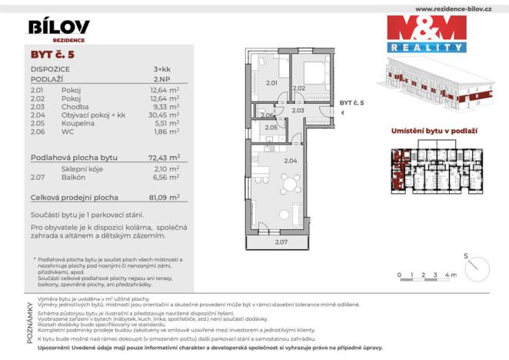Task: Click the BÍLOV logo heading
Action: (58, 28)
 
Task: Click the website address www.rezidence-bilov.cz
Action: (454, 8)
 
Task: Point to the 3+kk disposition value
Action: (161, 69)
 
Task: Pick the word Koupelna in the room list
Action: (76, 123)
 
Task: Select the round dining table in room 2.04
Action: (291, 185)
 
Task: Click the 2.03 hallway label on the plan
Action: (299, 111)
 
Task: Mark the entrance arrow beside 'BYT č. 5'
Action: (343, 112)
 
